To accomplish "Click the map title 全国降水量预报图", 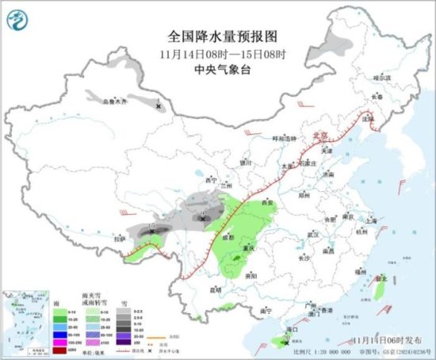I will click(x=218, y=36).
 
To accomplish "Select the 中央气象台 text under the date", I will click(x=218, y=69).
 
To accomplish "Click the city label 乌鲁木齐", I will click(x=115, y=101).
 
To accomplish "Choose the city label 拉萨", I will click(x=119, y=237).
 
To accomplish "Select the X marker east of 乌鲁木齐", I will click(x=158, y=105).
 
